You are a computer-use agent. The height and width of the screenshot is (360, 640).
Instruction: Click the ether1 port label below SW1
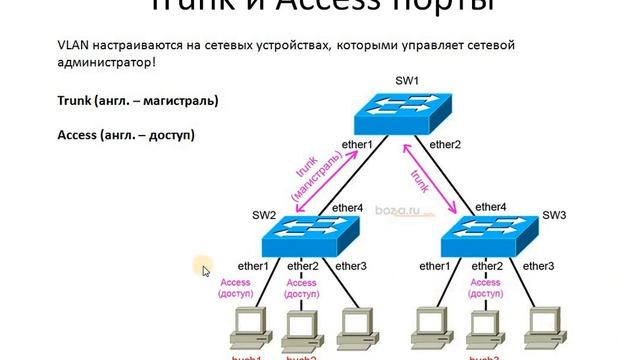(x=356, y=145)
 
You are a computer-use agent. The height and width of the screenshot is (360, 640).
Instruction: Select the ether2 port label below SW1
(x=444, y=145)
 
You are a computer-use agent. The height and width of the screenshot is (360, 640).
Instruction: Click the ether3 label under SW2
(x=351, y=266)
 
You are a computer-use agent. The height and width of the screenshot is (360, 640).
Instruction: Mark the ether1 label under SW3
(x=434, y=266)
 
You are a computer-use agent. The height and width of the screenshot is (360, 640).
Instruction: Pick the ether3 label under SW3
(x=538, y=266)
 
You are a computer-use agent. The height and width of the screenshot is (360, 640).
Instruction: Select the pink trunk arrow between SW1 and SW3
(x=429, y=177)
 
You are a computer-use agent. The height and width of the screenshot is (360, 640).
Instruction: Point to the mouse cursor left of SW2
(x=205, y=268)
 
